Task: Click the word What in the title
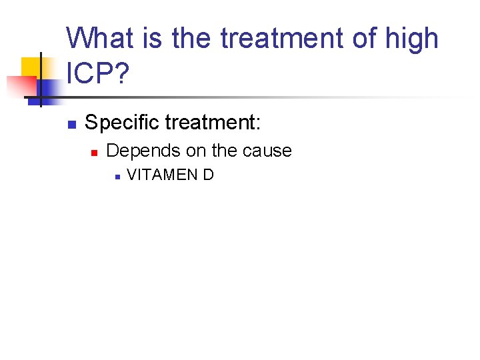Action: click(x=100, y=38)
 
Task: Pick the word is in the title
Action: click(x=153, y=38)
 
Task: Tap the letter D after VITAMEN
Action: click(x=209, y=175)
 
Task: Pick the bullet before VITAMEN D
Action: click(x=116, y=177)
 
